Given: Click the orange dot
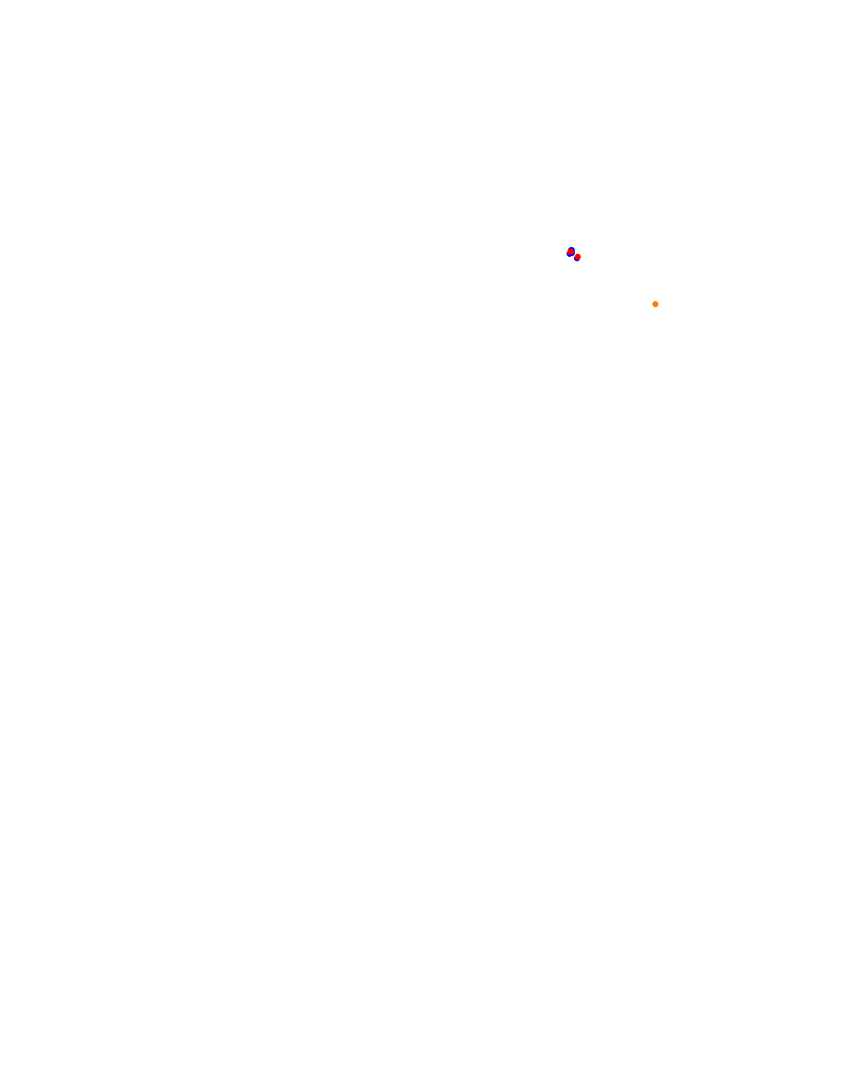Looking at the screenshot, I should (x=655, y=304).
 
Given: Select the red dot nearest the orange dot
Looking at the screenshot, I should (x=578, y=257).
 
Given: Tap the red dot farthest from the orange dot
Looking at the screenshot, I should (x=571, y=252).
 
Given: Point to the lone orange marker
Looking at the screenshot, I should (x=655, y=304).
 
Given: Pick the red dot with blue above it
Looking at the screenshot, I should (x=571, y=252).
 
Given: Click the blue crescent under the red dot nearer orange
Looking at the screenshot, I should (x=577, y=259).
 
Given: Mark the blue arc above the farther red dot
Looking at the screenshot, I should (x=571, y=249).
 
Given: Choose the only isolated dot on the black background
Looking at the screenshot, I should (x=655, y=304).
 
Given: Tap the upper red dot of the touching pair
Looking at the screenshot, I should (x=571, y=252).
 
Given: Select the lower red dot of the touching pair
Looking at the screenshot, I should (x=578, y=257).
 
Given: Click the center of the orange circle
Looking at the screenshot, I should (x=655, y=304).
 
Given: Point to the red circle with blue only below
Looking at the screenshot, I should (x=578, y=257).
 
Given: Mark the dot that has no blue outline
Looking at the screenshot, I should (x=655, y=304).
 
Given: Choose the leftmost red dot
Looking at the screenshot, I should (x=571, y=252).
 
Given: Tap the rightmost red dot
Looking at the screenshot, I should (x=578, y=257).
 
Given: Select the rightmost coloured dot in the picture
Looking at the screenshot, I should (x=655, y=304).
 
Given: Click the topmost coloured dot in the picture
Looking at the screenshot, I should (x=571, y=252).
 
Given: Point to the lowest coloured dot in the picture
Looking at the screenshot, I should (x=655, y=304).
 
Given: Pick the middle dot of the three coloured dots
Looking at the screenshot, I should (x=578, y=257).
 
